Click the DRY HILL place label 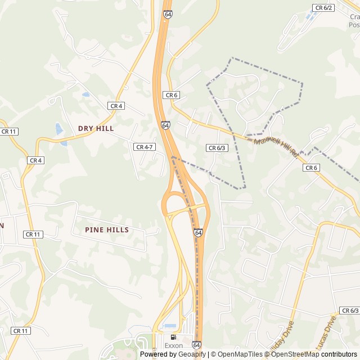(96, 128)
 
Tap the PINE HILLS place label (107, 229)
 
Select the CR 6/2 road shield (323, 7)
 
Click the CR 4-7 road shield (145, 147)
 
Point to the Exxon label (173, 345)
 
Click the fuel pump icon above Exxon (173, 337)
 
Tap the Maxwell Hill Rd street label (276, 147)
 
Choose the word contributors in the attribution (339, 354)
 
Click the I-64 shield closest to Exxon (196, 344)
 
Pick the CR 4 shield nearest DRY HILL (116, 106)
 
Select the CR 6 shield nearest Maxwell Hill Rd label (311, 168)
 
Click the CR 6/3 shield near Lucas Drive (349, 310)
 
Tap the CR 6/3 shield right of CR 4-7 (217, 148)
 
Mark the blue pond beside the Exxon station (170, 326)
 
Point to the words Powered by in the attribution (158, 354)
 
